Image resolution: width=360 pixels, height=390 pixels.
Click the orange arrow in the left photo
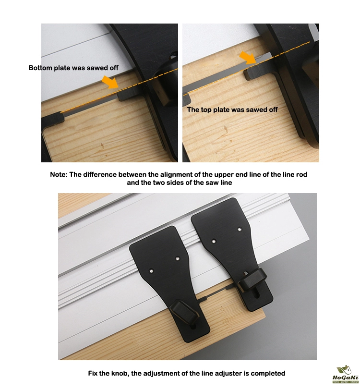coord(110,82)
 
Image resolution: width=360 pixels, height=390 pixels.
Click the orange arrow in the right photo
coord(248,58)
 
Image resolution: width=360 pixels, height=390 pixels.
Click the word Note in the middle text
coord(59,174)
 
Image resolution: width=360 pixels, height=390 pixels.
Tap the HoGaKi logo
coord(345,375)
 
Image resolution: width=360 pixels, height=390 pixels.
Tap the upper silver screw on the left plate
coord(178,259)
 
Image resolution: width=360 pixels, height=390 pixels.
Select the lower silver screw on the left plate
coord(151,271)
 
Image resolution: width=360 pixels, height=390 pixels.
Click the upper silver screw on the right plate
coord(240,229)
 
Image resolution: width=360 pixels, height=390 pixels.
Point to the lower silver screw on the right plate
coord(214,241)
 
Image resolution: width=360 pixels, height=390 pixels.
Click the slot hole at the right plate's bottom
coord(256,294)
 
